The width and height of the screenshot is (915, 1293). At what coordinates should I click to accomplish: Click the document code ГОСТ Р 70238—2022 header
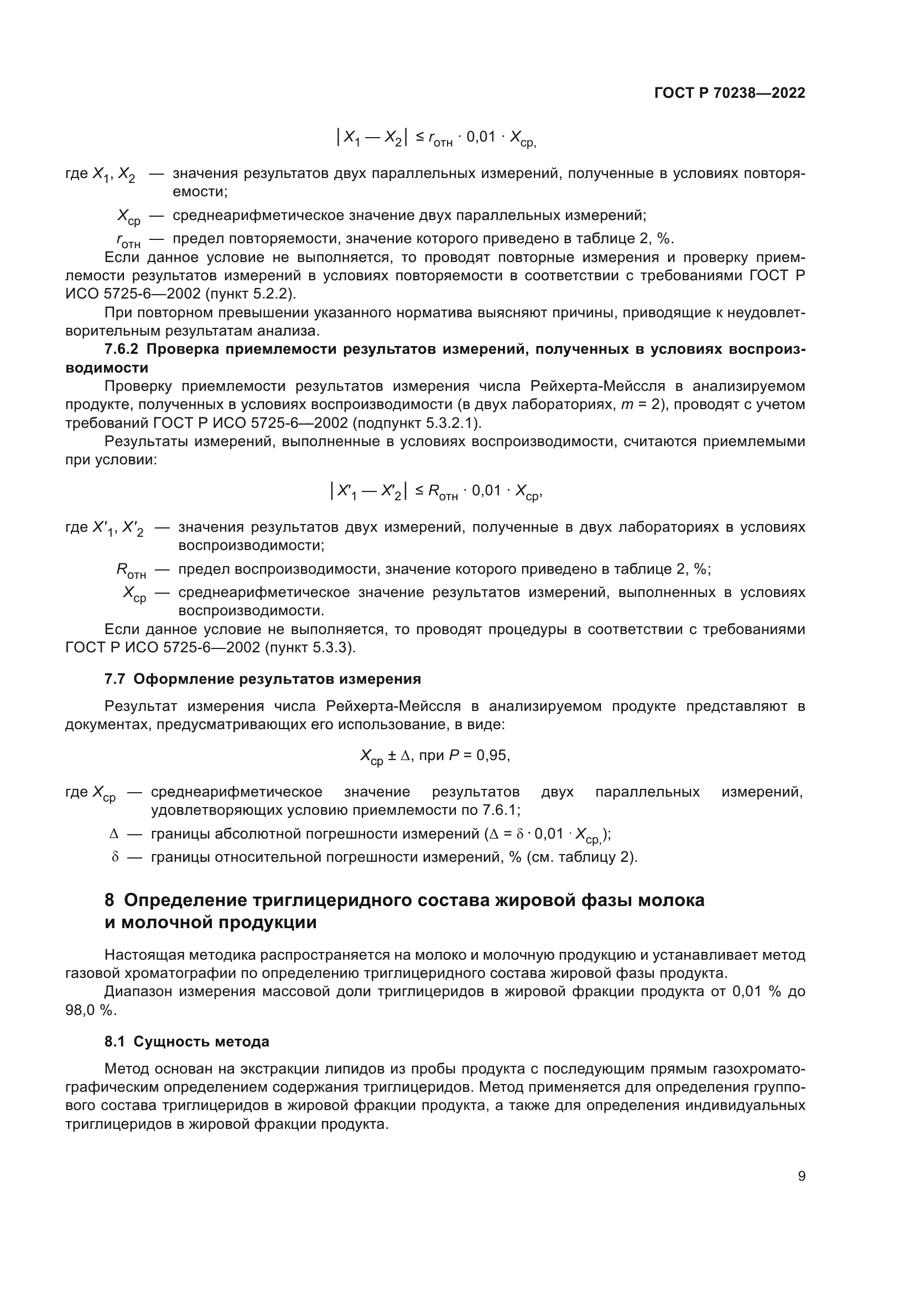point(730,93)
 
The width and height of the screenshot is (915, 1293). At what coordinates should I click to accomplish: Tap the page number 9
point(802,1176)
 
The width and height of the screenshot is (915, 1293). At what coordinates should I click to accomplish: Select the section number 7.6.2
point(121,349)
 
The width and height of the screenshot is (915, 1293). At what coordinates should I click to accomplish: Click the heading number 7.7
point(115,679)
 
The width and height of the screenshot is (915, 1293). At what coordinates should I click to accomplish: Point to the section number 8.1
point(115,1041)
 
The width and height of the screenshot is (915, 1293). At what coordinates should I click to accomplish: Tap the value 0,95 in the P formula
point(493,755)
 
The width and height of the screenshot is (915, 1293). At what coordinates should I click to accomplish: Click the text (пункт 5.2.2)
point(250,294)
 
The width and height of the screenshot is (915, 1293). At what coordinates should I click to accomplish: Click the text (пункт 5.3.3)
point(310,648)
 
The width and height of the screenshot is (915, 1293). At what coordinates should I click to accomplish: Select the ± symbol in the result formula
point(392,755)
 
